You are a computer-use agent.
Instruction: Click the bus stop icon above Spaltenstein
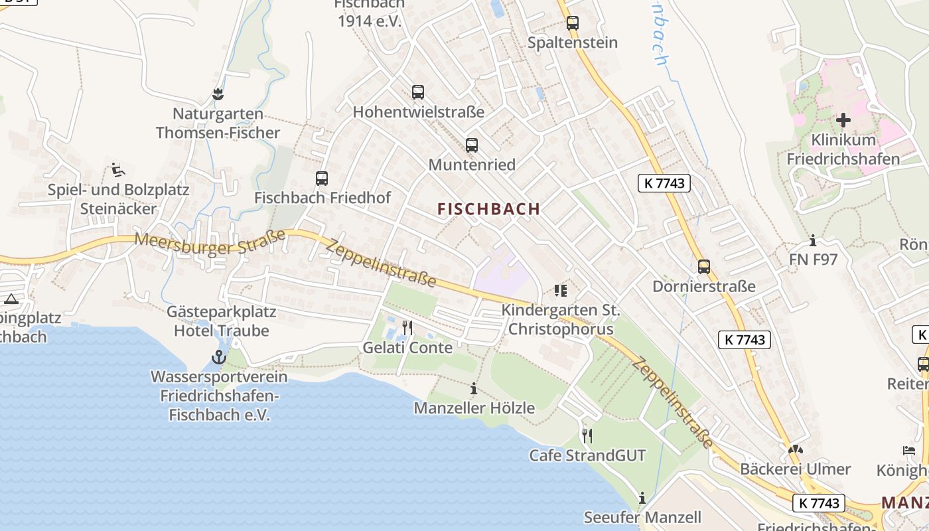572,23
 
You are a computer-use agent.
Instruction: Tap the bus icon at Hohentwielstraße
418,92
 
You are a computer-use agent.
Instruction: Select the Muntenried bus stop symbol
472,145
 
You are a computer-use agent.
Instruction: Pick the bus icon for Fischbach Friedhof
322,178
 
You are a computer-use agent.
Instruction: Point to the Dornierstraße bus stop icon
704,267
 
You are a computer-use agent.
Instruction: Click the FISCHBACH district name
489,209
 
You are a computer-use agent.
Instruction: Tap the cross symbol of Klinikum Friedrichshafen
843,120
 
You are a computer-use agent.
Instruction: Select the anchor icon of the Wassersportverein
218,358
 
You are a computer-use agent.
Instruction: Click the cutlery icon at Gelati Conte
407,328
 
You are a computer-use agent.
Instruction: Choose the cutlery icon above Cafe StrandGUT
587,435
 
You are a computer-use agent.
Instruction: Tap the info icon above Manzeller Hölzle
474,388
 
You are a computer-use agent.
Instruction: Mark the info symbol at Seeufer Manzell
642,498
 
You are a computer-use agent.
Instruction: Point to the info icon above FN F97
813,240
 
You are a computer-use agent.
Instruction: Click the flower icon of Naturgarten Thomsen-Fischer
218,94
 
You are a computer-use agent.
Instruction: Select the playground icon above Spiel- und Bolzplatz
118,171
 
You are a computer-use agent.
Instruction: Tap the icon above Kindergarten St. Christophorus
560,290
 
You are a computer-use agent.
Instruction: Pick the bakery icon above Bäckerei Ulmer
795,449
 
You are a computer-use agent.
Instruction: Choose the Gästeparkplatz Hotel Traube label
222,321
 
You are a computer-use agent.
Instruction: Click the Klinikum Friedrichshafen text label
843,149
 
